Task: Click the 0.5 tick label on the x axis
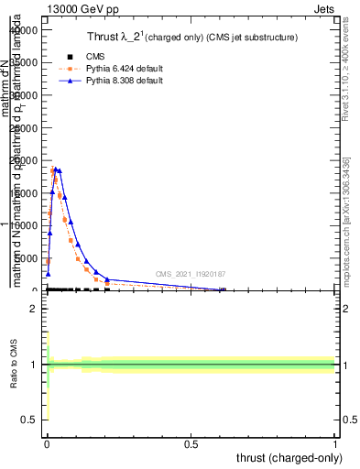point(191,443)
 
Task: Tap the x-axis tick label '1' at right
point(336,443)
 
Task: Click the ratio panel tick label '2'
point(33,309)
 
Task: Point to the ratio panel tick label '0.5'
point(28,420)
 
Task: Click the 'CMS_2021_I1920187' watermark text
point(190,274)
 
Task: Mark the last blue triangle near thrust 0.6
point(222,289)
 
